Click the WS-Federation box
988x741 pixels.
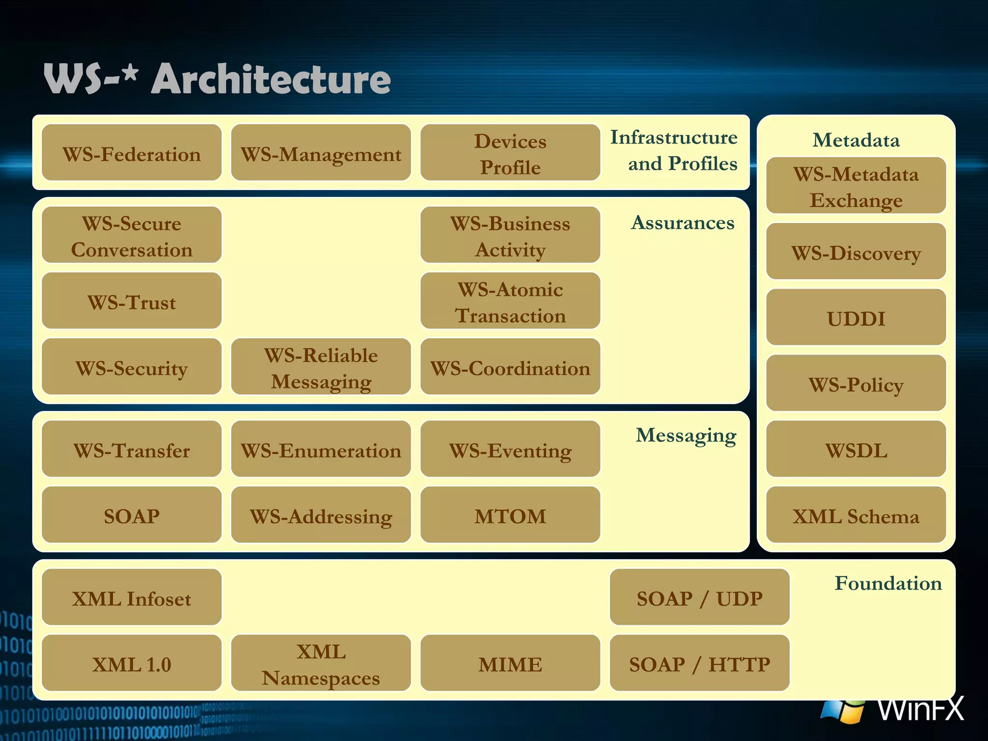click(131, 153)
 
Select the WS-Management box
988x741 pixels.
click(321, 153)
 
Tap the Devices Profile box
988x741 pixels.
click(510, 153)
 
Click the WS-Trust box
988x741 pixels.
click(131, 301)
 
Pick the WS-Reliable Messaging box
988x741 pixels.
click(321, 367)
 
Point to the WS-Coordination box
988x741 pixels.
click(510, 367)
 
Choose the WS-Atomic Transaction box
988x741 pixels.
click(510, 301)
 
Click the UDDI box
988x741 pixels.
click(856, 317)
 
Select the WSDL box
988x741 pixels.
click(856, 449)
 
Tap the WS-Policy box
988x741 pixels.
click(856, 384)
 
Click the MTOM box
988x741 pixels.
click(510, 515)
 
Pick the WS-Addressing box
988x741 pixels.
click(321, 515)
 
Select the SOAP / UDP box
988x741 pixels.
click(700, 597)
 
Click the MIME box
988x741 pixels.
click(510, 663)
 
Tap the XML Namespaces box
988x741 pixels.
click(321, 663)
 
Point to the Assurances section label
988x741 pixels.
click(683, 222)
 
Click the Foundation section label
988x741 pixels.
click(888, 583)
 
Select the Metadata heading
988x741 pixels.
click(856, 140)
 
